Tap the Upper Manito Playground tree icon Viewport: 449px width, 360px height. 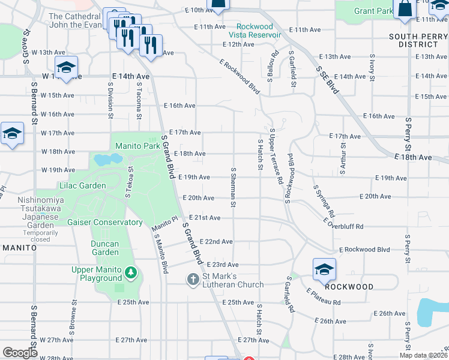pyautogui.click(x=131, y=274)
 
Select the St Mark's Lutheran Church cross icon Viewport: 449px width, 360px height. pyautogui.click(x=193, y=279)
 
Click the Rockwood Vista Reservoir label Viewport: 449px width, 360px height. pyautogui.click(x=259, y=31)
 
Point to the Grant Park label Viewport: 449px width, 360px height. pyautogui.click(x=373, y=11)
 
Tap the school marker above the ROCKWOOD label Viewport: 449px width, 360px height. pyautogui.click(x=324, y=269)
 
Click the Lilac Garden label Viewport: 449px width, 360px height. pyautogui.click(x=83, y=186)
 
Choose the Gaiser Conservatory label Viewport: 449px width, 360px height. pyautogui.click(x=105, y=223)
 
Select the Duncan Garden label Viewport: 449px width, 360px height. pyautogui.click(x=104, y=248)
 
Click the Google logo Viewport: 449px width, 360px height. pyautogui.click(x=20, y=352)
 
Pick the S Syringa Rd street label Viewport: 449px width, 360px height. pyautogui.click(x=324, y=201)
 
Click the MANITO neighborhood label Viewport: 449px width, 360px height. pyautogui.click(x=20, y=247)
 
